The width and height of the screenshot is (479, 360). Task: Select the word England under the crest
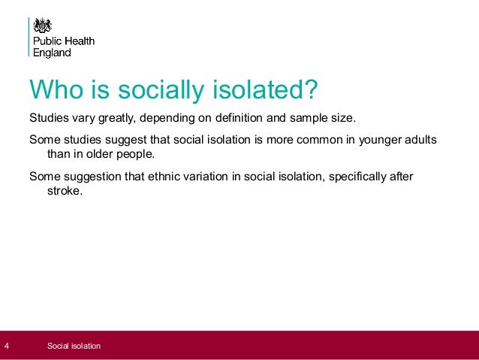point(52,53)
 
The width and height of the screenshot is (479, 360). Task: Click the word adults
point(418,141)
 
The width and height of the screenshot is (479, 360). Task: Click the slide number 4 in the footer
point(7,346)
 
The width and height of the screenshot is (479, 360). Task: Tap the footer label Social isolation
point(74,346)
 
